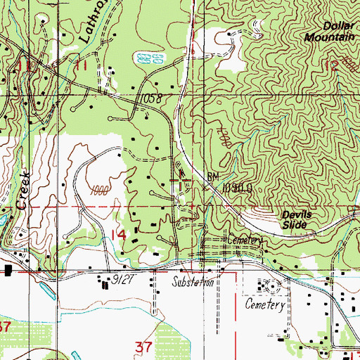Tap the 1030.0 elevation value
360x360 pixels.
pos(236,188)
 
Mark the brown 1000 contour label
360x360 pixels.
pos(102,191)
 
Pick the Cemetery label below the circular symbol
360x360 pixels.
pos(264,306)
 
